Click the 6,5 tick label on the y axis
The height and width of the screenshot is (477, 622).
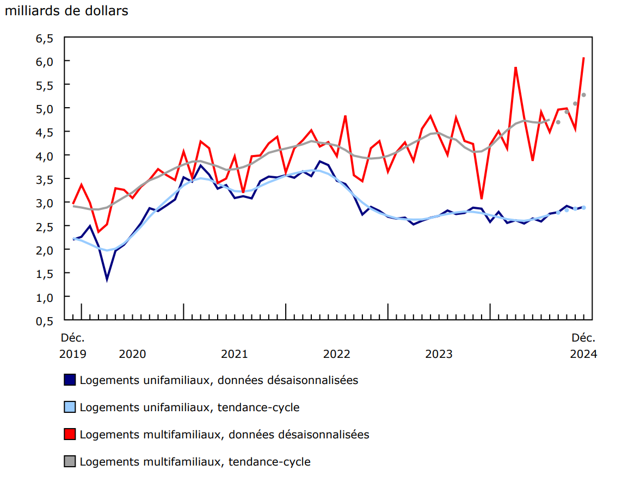click(x=45, y=38)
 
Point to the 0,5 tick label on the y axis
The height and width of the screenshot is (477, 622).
click(x=45, y=321)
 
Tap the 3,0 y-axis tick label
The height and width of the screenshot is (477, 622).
click(x=45, y=203)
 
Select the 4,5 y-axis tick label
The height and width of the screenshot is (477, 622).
click(x=45, y=132)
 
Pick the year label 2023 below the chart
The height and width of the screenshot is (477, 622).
click(x=439, y=354)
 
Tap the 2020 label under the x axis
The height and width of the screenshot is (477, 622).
click(x=132, y=354)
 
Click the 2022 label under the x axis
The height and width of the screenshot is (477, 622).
click(x=336, y=354)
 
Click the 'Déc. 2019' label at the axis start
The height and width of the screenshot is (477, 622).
click(x=72, y=346)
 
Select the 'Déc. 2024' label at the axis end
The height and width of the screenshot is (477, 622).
click(x=583, y=346)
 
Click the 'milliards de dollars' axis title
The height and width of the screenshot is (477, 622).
click(x=66, y=11)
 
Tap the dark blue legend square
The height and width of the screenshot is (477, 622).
click(x=70, y=380)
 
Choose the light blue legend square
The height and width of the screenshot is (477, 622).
click(x=70, y=407)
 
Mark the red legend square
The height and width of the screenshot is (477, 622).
click(x=70, y=434)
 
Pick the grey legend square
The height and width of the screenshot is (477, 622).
click(x=70, y=461)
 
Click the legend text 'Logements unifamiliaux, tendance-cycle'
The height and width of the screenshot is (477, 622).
click(x=189, y=407)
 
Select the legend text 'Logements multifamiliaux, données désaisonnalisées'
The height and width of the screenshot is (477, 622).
click(x=224, y=434)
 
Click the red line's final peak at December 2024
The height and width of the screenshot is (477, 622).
click(x=583, y=58)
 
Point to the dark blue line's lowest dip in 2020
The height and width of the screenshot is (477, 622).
click(x=107, y=280)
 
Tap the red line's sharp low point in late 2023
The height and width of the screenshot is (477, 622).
click(x=482, y=198)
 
